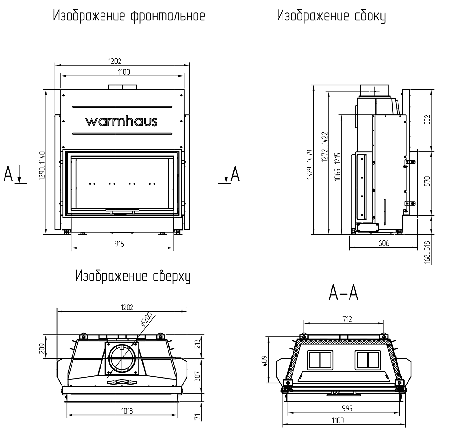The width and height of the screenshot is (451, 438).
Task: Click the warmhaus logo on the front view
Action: pos(121,122)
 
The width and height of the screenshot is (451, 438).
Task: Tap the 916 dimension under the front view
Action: pos(119,244)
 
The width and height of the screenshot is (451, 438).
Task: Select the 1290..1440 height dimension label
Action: pos(42,166)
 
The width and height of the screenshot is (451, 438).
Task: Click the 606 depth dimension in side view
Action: pos(384,243)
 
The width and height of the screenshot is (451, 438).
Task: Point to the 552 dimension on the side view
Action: pos(428,120)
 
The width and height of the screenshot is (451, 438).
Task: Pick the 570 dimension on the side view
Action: pos(428,181)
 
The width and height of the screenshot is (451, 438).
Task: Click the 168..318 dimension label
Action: pos(427,252)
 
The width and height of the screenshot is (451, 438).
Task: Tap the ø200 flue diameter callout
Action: pos(147,319)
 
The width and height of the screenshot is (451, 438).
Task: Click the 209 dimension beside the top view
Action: pos(42,348)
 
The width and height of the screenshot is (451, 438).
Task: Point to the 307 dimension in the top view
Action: pos(197,376)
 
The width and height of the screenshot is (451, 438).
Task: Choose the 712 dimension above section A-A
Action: pos(347,319)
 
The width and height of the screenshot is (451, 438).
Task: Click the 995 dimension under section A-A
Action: pos(347,408)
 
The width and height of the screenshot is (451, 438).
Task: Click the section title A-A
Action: pos(343,293)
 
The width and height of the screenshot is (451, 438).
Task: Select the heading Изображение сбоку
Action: pos(331,16)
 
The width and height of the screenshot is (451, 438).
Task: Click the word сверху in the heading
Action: pos(171,277)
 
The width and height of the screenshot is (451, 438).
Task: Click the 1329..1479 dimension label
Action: pos(310,164)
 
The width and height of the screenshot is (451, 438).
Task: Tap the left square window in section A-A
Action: pos(320,360)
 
